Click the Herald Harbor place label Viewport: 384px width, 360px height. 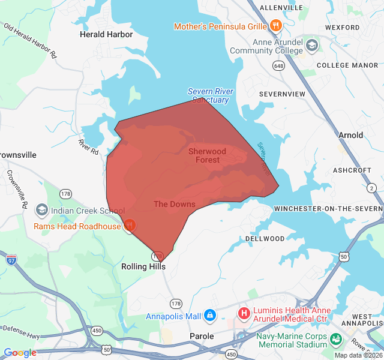(106, 34)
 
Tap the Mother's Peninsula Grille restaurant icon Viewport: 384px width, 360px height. (276, 26)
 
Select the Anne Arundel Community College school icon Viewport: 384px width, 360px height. (312, 45)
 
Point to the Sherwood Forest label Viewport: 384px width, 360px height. (207, 155)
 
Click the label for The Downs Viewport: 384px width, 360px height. (174, 204)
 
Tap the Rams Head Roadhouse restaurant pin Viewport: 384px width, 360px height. (129, 226)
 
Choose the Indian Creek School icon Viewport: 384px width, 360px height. (42, 210)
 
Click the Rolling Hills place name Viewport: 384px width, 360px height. (143, 266)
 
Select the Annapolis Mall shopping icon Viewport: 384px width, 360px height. (209, 315)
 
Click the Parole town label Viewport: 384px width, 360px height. (202, 336)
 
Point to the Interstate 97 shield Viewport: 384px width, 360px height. (12, 260)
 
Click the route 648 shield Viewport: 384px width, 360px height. (278, 65)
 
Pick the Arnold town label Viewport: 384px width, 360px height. (350, 135)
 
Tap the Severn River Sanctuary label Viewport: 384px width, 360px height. (210, 95)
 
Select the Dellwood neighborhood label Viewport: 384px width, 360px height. (265, 238)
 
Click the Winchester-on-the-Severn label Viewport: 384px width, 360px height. (328, 208)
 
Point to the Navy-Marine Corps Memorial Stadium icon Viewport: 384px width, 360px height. (336, 340)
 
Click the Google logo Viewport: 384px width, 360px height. (20, 353)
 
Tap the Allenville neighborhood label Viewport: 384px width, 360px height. (281, 7)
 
